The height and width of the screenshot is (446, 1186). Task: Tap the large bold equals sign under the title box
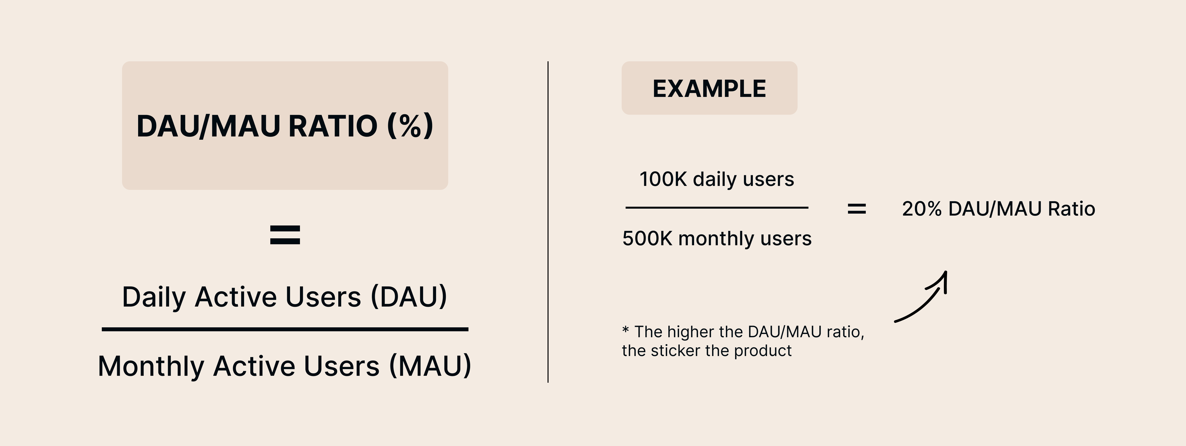285,235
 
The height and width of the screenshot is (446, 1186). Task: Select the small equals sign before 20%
857,209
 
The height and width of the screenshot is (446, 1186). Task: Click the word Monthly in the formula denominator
151,366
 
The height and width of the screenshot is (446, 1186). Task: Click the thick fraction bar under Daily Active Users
285,329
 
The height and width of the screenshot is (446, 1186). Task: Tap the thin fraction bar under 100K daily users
717,208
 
